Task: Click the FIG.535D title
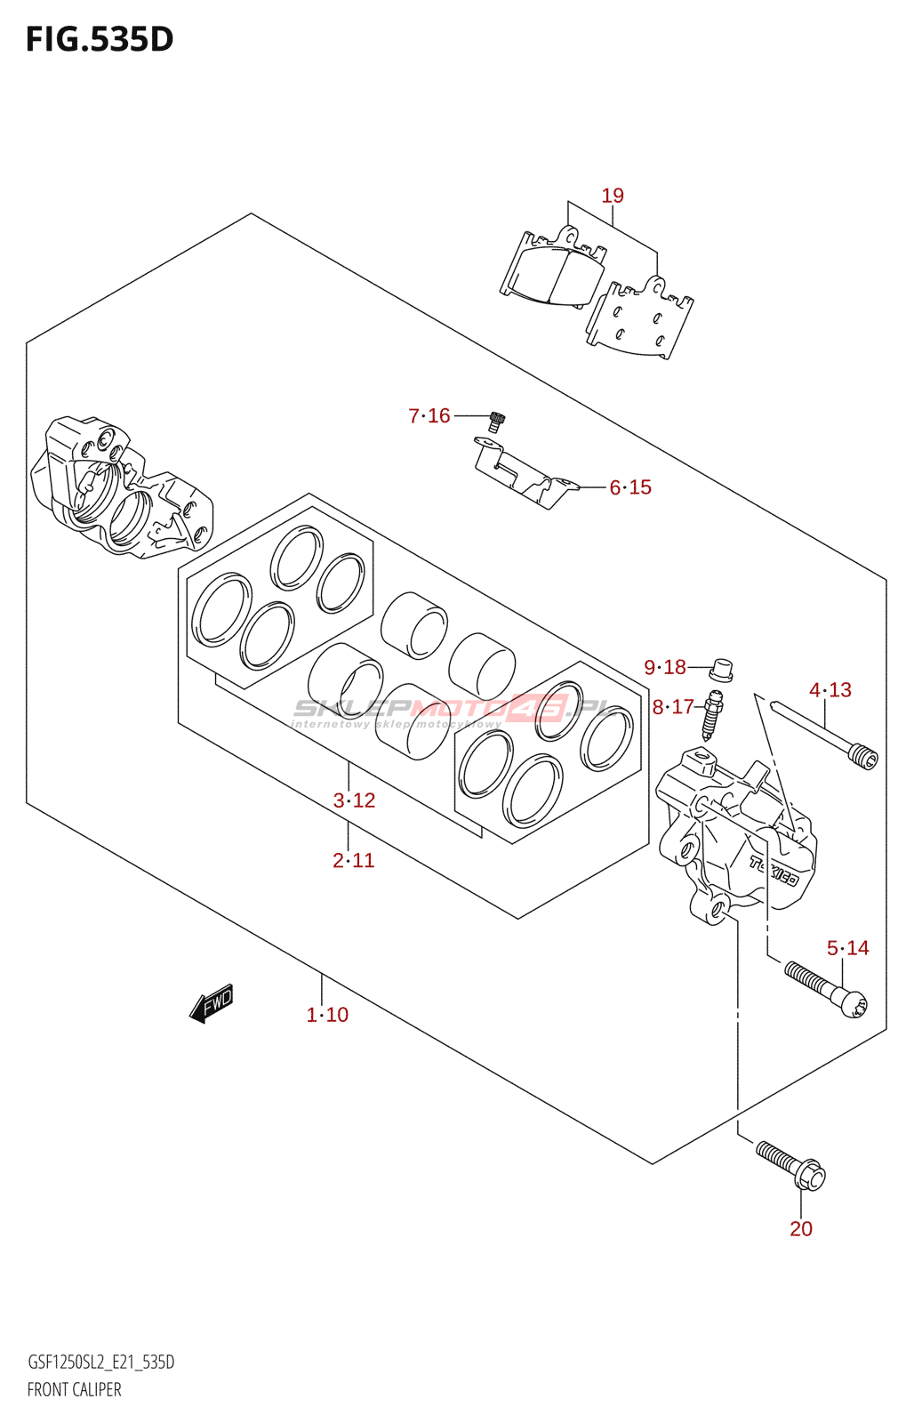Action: click(x=100, y=39)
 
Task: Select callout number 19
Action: click(x=613, y=196)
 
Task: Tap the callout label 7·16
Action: click(x=429, y=415)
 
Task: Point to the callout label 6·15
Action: click(x=630, y=487)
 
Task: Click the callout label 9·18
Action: click(x=665, y=667)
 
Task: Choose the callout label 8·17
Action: click(x=672, y=707)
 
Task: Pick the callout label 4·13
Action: click(x=830, y=690)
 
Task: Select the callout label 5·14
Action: click(x=847, y=948)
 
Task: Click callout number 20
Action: click(x=801, y=1228)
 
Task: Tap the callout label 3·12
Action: click(x=354, y=800)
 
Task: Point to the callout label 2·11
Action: click(x=354, y=860)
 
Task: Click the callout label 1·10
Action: click(x=327, y=1015)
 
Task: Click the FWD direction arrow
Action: click(x=212, y=1004)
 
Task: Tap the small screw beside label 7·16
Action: click(x=497, y=422)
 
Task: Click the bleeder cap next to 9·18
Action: click(x=722, y=668)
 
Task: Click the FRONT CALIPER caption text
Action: click(x=75, y=1389)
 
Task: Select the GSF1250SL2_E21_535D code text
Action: click(x=100, y=1363)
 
